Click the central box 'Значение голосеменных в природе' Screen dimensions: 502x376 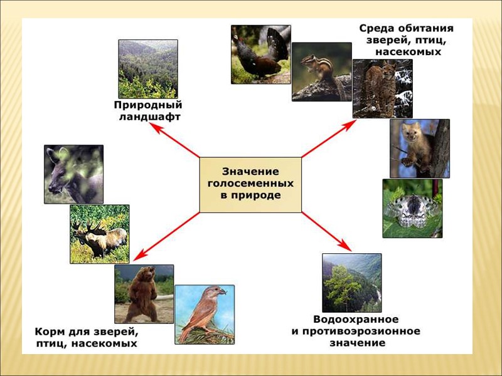click(x=250, y=184)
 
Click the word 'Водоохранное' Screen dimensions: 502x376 click(x=355, y=320)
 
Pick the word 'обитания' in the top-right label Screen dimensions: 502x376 click(x=425, y=29)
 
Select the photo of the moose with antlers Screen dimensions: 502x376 click(x=99, y=234)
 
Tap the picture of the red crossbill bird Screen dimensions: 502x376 click(x=204, y=314)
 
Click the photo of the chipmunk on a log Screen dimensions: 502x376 click(x=321, y=71)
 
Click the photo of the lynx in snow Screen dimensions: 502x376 click(x=374, y=88)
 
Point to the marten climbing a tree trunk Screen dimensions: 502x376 click(x=419, y=149)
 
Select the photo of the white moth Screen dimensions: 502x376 click(x=412, y=208)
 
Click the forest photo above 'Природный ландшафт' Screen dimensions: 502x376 click(x=148, y=68)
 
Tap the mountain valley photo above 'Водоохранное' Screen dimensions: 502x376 click(x=351, y=283)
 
